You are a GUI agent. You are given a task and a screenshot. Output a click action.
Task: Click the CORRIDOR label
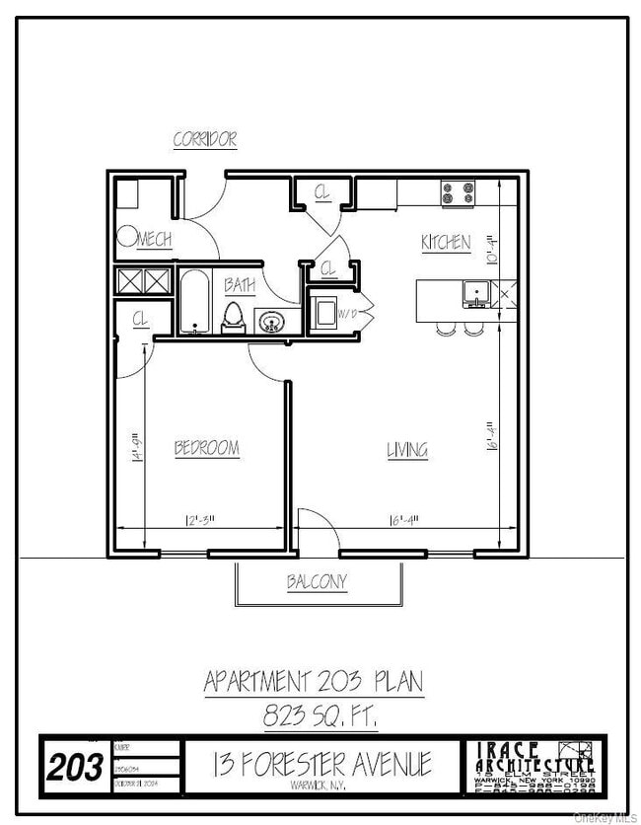tap(205, 139)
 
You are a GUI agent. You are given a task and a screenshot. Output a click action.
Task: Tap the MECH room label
tap(155, 240)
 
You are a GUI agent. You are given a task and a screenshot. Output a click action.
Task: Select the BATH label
tap(240, 285)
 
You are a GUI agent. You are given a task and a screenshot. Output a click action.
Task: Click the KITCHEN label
tap(446, 242)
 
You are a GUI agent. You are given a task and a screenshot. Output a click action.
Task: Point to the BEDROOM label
tap(207, 448)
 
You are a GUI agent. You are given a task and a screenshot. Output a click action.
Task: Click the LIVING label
tap(406, 450)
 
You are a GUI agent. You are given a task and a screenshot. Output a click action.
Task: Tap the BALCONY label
tap(317, 582)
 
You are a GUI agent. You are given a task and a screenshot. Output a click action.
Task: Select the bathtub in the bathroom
tap(192, 302)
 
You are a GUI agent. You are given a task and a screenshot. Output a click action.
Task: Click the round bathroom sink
tap(272, 321)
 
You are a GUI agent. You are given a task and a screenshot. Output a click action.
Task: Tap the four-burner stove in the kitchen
tap(458, 193)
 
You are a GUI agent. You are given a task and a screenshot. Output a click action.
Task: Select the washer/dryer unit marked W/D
tap(324, 314)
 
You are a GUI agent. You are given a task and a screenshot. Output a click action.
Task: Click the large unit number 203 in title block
tap(76, 766)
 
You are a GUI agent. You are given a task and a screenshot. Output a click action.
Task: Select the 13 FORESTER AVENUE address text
tap(322, 763)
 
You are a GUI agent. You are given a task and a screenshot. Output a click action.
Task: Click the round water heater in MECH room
tap(127, 237)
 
